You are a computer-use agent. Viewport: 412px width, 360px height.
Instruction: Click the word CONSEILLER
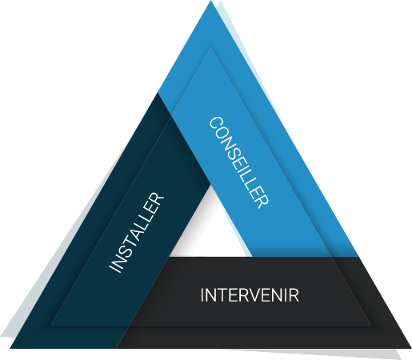tap(238, 162)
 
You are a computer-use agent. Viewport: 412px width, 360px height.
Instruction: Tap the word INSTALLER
tap(136, 232)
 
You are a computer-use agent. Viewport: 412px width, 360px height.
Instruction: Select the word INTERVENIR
tap(250, 295)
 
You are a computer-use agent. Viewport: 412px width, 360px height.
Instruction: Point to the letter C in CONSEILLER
tap(216, 123)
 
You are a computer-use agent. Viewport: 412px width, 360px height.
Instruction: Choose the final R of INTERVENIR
tap(294, 295)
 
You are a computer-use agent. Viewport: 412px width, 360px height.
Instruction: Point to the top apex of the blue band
tap(210, 1)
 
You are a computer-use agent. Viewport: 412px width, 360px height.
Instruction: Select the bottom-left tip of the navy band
tap(10, 348)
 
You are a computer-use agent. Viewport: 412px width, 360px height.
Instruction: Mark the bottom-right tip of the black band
tap(411, 348)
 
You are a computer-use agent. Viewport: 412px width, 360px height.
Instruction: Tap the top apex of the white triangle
tap(211, 184)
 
